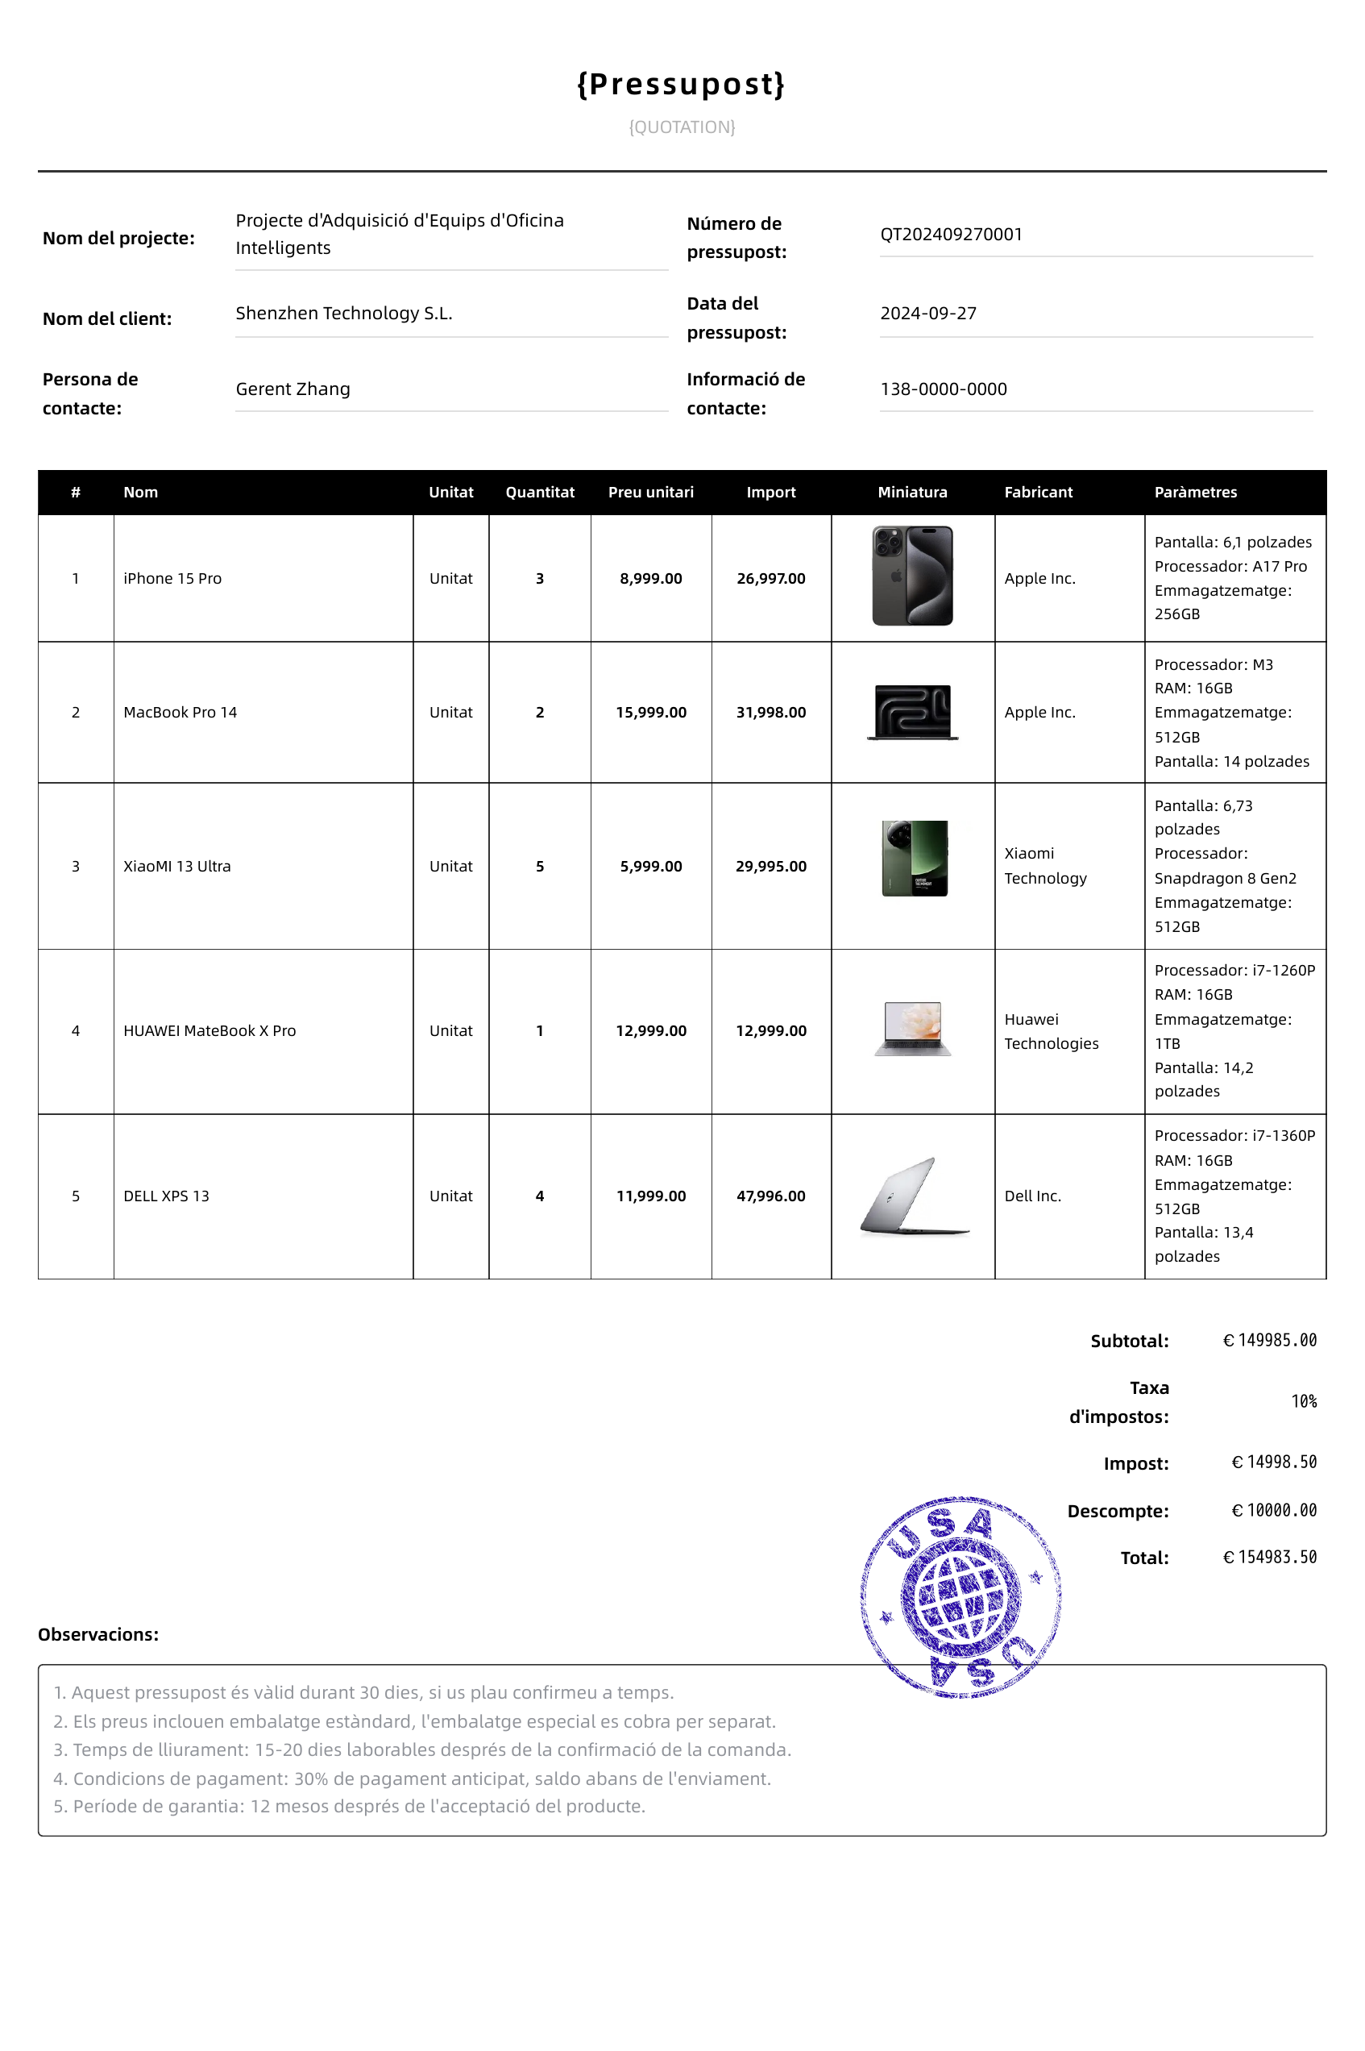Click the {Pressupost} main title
click(x=682, y=85)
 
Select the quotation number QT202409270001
click(x=951, y=235)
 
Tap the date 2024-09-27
click(x=928, y=314)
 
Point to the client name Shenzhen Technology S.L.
click(x=344, y=314)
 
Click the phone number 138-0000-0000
click(x=943, y=389)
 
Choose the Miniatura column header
click(x=911, y=492)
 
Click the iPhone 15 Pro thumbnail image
click(x=912, y=576)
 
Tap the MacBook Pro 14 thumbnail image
click(x=912, y=713)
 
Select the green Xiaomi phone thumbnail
click(x=914, y=858)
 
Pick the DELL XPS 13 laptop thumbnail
click(x=914, y=1196)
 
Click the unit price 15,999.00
click(x=650, y=713)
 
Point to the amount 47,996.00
click(x=770, y=1196)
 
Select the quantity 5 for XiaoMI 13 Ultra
click(x=540, y=867)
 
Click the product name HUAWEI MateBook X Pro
click(x=210, y=1031)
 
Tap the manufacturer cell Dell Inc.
click(x=1032, y=1196)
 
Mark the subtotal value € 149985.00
click(x=1269, y=1341)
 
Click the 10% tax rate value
click(x=1303, y=1401)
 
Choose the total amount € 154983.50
click(x=1269, y=1557)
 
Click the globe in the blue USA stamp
click(x=961, y=1597)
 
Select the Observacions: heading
click(x=98, y=1635)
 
